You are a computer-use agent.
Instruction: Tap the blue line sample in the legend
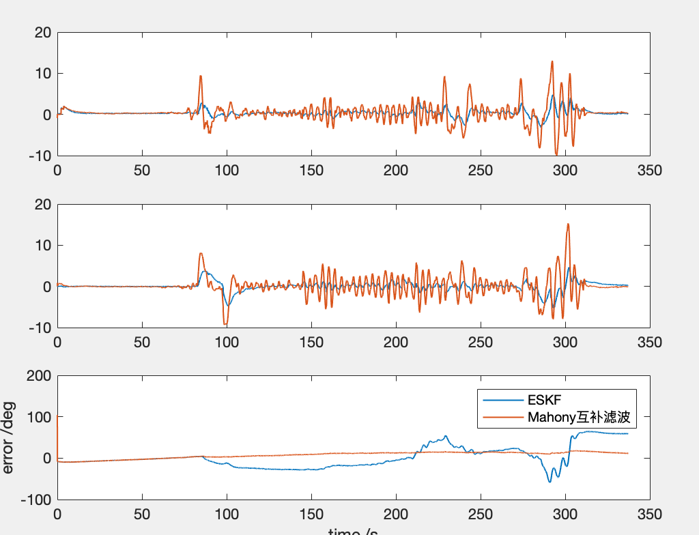[501, 399]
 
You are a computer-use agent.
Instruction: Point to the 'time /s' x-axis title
[354, 531]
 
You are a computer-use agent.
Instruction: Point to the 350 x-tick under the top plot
[649, 171]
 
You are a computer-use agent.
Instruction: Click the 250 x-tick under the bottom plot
[481, 514]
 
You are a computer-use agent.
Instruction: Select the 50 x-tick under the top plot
[142, 171]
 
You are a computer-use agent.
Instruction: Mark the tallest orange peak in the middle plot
[568, 224]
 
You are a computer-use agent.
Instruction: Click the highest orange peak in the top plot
[552, 61]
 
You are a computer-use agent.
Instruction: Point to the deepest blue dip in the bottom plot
[550, 482]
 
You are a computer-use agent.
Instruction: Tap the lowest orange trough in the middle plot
[226, 325]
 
